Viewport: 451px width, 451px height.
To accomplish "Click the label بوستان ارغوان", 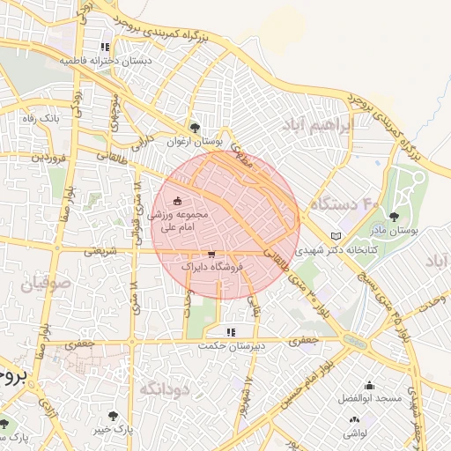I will (x=196, y=141).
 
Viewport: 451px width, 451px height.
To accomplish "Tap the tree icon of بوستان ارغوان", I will (x=196, y=128).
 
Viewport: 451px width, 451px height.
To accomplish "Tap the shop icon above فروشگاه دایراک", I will (x=210, y=253).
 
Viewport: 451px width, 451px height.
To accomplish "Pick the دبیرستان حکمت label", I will (x=232, y=346).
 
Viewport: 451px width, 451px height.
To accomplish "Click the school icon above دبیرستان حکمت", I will (x=231, y=332).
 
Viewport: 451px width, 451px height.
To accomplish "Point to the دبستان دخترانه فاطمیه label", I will (x=106, y=61).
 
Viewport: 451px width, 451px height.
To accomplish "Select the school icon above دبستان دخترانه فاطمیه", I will (x=105, y=47).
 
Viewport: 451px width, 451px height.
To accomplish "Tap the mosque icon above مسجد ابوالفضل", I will (x=368, y=385).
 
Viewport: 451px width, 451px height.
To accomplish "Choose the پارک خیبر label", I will (x=114, y=429).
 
